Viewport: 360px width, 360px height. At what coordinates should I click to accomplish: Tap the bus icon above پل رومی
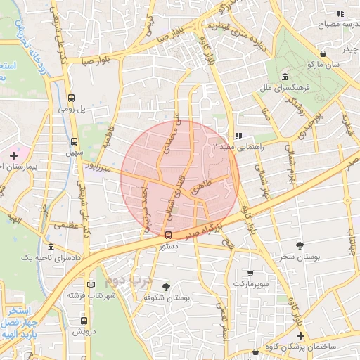(x=71, y=99)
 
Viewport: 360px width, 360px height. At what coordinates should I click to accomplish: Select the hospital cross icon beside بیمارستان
(x=13, y=154)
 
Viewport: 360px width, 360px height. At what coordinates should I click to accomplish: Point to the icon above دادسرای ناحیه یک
(x=50, y=247)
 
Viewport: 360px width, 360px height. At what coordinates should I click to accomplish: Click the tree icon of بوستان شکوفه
(x=166, y=287)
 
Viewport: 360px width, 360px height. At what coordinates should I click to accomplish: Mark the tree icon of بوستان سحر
(x=301, y=245)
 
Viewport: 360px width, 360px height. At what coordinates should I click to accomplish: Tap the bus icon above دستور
(x=167, y=236)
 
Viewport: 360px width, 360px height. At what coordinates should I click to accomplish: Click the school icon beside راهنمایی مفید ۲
(x=238, y=135)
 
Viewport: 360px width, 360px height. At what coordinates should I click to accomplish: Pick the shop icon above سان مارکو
(x=323, y=53)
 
